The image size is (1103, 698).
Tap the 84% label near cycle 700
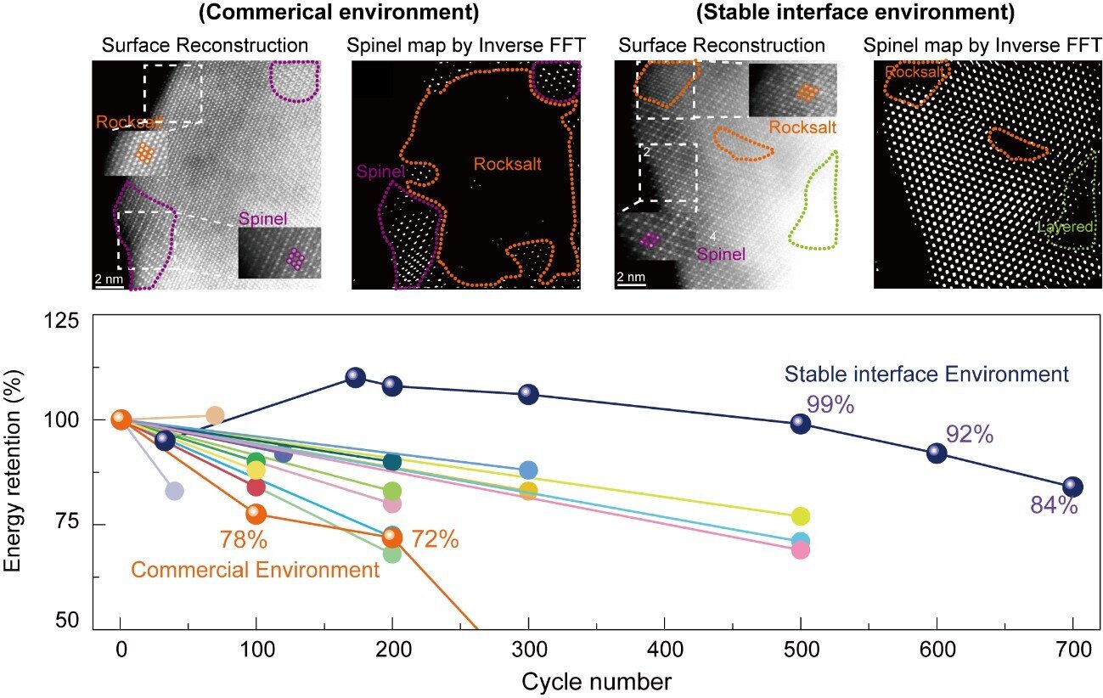[1054, 506]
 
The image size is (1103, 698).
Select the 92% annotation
[969, 434]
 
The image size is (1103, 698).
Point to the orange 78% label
[244, 539]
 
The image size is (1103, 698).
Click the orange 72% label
[434, 538]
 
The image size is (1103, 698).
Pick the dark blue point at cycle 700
[1072, 487]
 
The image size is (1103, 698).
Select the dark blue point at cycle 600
[936, 453]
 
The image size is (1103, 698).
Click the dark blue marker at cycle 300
[528, 394]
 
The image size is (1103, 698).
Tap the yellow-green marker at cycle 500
[800, 516]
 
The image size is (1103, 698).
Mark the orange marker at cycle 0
[121, 419]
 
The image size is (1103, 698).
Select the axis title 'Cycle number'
[596, 681]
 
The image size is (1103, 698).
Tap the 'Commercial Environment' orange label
[255, 570]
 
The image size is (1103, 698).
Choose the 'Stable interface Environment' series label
[926, 374]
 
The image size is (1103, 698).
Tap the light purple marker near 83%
[174, 491]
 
